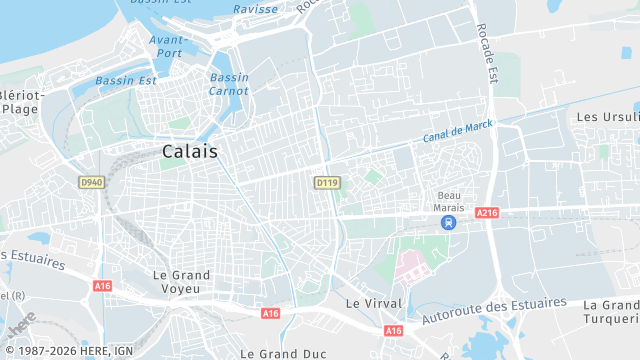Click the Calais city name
click(191, 150)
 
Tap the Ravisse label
click(255, 9)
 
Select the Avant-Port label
click(166, 46)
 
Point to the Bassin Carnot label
click(229, 84)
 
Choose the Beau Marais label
click(449, 201)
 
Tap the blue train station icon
click(449, 222)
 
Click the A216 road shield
click(487, 213)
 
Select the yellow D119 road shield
click(326, 183)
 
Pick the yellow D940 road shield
click(91, 182)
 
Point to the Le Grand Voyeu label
click(181, 281)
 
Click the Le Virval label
click(373, 302)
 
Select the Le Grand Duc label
click(284, 353)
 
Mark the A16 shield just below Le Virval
click(393, 330)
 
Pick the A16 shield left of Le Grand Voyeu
click(102, 286)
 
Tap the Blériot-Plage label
click(22, 102)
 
